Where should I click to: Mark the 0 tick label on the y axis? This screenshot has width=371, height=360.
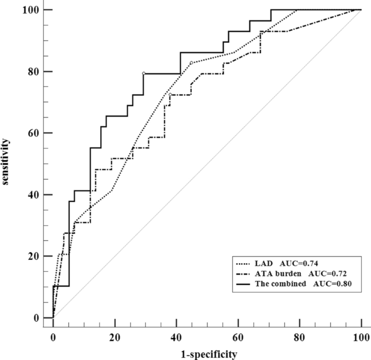(x=36, y=318)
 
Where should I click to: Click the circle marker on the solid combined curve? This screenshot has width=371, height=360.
(x=144, y=74)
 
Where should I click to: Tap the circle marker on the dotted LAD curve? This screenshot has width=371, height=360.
(x=191, y=63)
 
